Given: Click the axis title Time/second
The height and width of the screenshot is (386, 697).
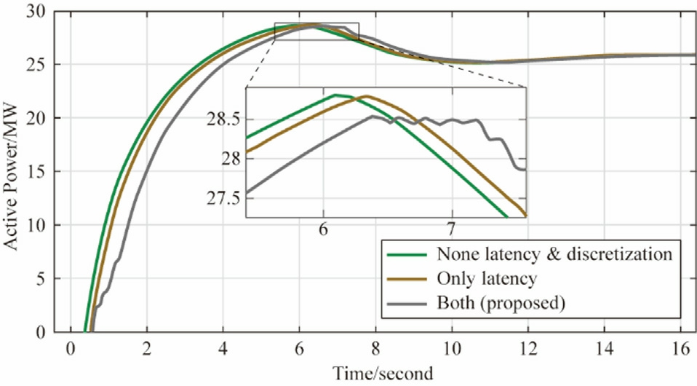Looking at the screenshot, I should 383,374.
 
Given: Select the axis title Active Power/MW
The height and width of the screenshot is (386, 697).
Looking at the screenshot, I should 15,172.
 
